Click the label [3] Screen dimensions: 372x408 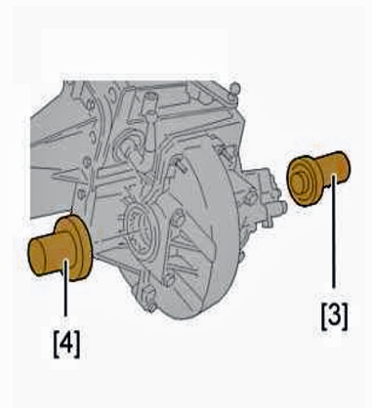pyautogui.click(x=334, y=316)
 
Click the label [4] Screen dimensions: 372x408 pyautogui.click(x=66, y=345)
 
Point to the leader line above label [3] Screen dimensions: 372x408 pyautogui.click(x=334, y=231)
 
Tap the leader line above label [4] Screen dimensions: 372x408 pyautogui.click(x=66, y=287)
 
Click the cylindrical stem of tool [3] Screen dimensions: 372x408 pyautogui.click(x=334, y=168)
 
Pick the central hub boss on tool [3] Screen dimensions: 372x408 pyautogui.click(x=299, y=183)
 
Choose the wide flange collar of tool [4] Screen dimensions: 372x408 pyautogui.click(x=75, y=247)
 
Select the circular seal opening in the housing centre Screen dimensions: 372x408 pyautogui.click(x=140, y=227)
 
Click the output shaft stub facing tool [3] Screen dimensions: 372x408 pyautogui.click(x=276, y=208)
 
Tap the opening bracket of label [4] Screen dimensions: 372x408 pyautogui.click(x=56, y=345)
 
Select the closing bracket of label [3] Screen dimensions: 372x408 pyautogui.click(x=345, y=316)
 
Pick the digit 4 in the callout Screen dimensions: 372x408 pyautogui.click(x=66, y=344)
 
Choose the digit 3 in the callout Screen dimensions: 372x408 pyautogui.click(x=334, y=315)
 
